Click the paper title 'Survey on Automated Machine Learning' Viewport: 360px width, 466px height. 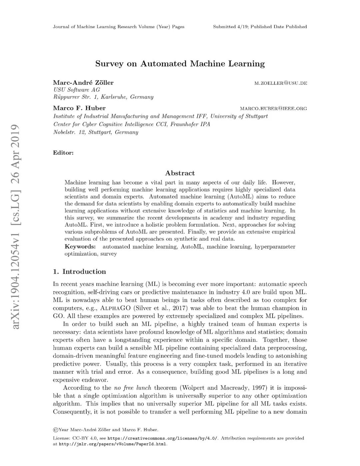pyautogui.click(x=180, y=64)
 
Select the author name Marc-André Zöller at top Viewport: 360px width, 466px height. pyautogui.click(x=83, y=83)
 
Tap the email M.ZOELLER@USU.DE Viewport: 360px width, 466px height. pyautogui.click(x=280, y=83)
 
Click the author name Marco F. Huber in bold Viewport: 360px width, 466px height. pyautogui.click(x=79, y=108)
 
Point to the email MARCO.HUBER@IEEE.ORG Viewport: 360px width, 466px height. pyautogui.click(x=273, y=108)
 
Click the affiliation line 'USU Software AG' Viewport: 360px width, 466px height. pyautogui.click(x=77, y=90)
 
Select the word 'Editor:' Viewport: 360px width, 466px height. pyautogui.click(x=63, y=153)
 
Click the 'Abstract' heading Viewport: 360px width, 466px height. pyautogui.click(x=180, y=173)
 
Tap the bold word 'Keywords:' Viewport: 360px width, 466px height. pyautogui.click(x=80, y=247)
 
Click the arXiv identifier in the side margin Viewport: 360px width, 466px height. pyautogui.click(x=16, y=227)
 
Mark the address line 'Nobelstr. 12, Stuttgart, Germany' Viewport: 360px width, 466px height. pyautogui.click(x=96, y=132)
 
